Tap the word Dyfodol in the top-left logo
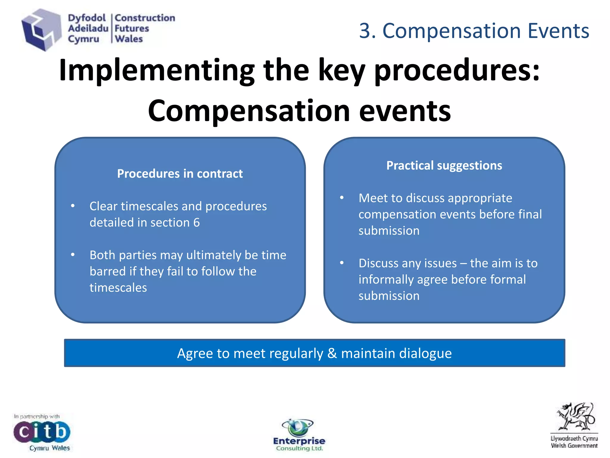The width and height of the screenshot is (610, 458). tap(87, 18)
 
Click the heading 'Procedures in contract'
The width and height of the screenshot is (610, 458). tap(180, 174)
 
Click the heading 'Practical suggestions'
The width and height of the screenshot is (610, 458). tap(444, 165)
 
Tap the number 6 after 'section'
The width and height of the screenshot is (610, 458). tap(196, 223)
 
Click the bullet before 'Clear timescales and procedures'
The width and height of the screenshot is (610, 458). tap(73, 206)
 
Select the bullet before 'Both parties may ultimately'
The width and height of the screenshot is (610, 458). tap(73, 255)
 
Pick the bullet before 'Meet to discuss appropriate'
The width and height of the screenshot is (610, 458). tap(342, 198)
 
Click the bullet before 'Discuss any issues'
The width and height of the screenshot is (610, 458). tap(342, 263)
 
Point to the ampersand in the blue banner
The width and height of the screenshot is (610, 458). tap(332, 353)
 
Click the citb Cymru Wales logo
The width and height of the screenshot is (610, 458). tap(42, 432)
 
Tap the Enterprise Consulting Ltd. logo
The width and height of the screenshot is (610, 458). tap(299, 435)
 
